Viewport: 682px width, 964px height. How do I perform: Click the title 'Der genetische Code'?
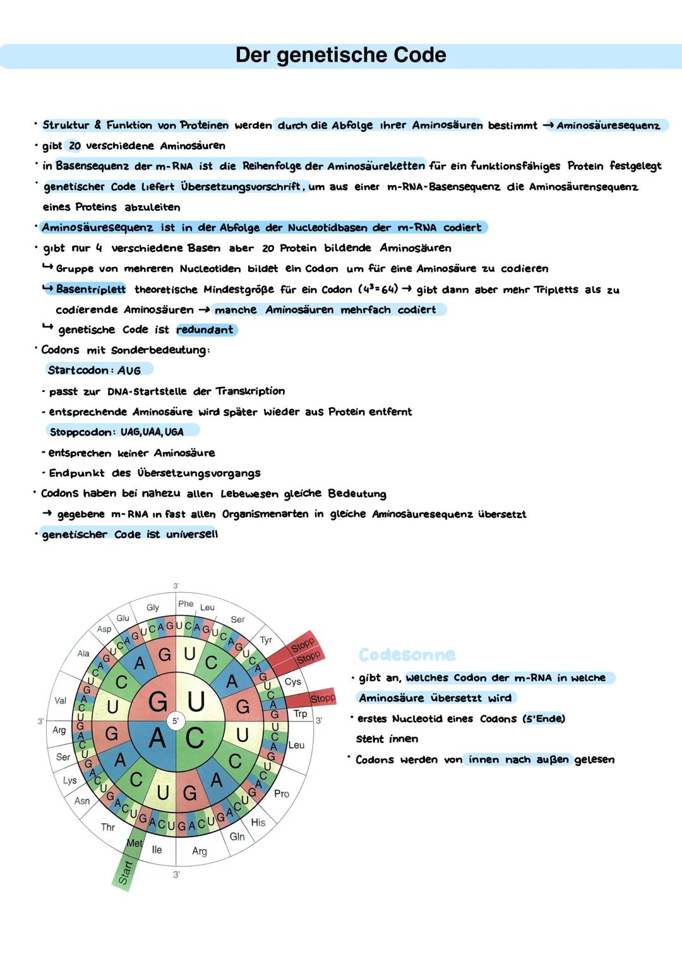340,56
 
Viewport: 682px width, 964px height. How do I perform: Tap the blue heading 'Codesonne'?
407,655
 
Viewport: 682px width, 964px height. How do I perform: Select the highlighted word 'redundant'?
205,330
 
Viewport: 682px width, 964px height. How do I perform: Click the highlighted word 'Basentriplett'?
91,289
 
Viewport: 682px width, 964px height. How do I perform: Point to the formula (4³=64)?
378,289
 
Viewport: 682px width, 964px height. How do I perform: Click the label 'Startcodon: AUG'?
94,370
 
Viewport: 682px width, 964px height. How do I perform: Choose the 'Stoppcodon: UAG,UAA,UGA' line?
116,432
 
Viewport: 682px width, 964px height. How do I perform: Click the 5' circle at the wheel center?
176,720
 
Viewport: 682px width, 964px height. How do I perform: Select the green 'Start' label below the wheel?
126,872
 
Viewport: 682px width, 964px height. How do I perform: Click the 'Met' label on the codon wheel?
135,843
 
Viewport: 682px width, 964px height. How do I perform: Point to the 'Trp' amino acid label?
300,713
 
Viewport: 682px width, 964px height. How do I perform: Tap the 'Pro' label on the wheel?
282,794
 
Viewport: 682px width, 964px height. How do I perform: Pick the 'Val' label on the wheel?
61,700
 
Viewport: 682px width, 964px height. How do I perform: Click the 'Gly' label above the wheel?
153,607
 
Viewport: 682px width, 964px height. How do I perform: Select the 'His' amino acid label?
258,822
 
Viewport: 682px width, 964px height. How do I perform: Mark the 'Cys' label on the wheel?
293,681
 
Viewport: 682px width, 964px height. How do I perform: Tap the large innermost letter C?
194,737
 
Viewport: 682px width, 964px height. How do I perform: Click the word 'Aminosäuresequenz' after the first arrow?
607,125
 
